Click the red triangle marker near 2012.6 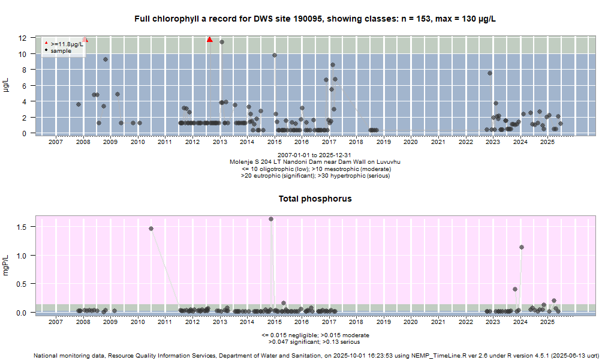[x=209, y=40]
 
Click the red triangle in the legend [x=46, y=44]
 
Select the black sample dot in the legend [x=46, y=50]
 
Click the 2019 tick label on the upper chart [x=383, y=142]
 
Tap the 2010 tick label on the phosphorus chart [x=137, y=322]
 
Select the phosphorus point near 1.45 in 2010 [x=151, y=229]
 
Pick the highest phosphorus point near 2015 [x=271, y=219]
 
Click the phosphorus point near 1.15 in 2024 [x=522, y=247]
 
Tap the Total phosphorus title [x=315, y=199]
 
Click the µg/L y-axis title [x=7, y=85]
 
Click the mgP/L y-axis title [x=7, y=265]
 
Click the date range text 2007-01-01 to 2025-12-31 [x=315, y=155]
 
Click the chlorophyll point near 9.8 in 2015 [x=275, y=55]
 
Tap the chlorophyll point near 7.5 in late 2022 [x=490, y=73]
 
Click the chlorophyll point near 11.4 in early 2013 [x=222, y=42]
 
